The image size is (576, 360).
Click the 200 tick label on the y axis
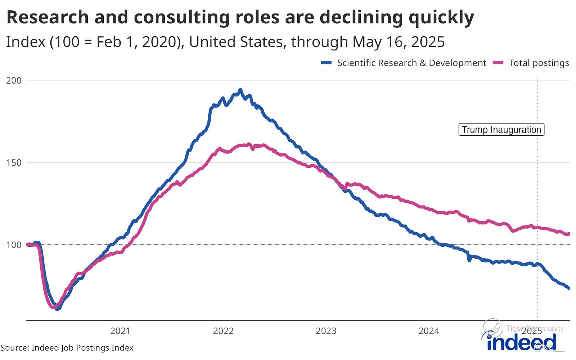14,80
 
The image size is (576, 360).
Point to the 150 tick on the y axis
14,163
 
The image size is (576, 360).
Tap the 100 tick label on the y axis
14,245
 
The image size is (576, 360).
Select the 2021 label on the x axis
120,331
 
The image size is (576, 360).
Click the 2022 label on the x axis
223,331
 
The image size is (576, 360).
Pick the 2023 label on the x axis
326,331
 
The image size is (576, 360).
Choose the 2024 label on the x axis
428,331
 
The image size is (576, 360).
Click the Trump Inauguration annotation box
501,130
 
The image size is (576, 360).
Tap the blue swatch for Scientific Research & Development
326,63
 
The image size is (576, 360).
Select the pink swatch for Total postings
498,63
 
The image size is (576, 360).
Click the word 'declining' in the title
361,17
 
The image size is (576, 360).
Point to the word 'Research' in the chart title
48,17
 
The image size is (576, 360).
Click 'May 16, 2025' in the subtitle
399,42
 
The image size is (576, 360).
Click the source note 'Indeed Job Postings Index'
82,348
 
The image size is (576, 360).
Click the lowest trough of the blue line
57,309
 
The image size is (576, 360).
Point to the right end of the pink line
568,234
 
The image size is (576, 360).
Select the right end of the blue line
569,288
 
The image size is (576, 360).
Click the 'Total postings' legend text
539,63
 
